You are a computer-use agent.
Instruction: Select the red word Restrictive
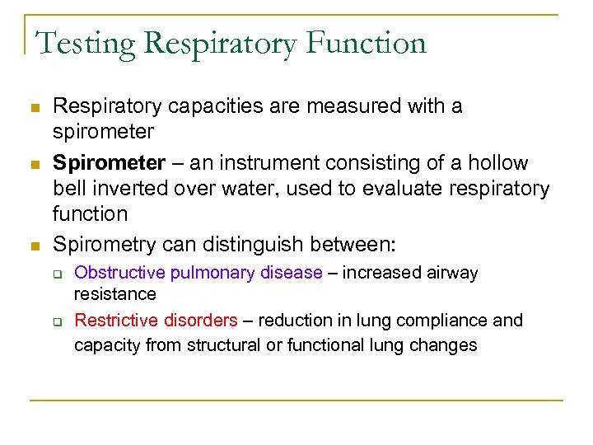coord(114,320)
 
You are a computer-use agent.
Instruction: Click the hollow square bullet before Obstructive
coord(58,274)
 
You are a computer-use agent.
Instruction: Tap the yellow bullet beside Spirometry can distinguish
coord(34,245)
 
